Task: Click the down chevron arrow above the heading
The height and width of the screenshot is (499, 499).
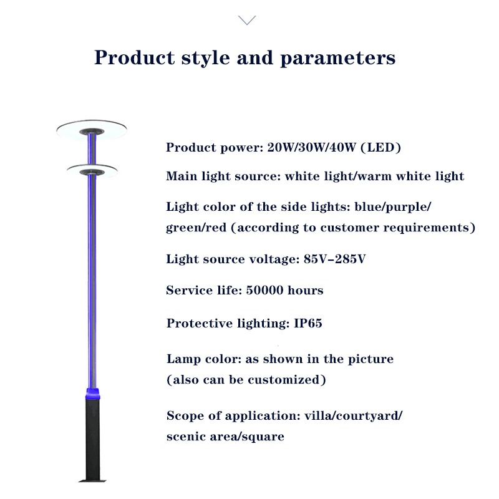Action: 247,21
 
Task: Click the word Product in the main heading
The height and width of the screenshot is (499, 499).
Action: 134,57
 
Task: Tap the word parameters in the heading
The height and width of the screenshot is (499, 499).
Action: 337,58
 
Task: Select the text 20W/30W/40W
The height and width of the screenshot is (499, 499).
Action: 311,147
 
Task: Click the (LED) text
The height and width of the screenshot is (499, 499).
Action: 381,147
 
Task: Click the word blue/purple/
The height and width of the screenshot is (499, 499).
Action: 393,207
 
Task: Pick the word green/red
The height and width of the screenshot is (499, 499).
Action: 196,228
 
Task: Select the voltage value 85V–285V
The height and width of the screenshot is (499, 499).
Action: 334,259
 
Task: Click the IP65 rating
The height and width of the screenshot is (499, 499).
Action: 308,323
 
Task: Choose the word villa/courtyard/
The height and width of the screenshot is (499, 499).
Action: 353,416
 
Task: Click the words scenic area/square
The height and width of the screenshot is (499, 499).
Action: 225,436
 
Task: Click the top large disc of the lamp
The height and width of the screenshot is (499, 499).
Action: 92,130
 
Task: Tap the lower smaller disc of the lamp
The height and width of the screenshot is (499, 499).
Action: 92,171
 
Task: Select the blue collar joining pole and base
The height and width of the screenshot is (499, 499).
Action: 92,394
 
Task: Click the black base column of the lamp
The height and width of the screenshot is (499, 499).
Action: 92,438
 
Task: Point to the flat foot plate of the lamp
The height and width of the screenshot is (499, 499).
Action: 92,480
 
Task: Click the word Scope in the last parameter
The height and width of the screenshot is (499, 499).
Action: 185,416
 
